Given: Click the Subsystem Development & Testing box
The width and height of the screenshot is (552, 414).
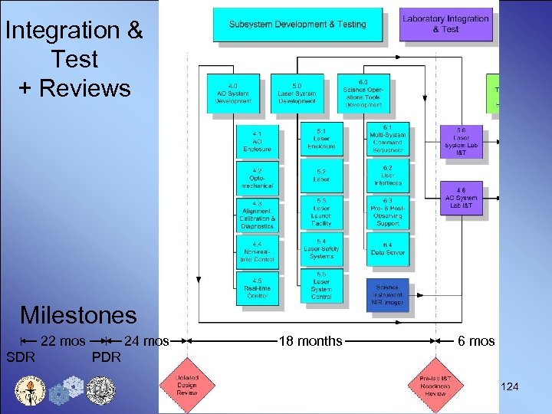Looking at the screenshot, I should (297, 25).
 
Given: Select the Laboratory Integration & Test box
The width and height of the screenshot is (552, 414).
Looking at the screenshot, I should (445, 24).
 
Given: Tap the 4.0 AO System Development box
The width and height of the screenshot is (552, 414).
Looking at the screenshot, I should (233, 92).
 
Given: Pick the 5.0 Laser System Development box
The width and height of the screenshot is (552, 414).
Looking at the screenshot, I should (297, 92).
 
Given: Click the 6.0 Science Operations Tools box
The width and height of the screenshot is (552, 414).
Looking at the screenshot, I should (363, 93).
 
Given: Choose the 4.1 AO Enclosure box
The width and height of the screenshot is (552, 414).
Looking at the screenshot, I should (257, 140).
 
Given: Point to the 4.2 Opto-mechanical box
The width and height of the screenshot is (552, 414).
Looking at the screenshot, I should (257, 178).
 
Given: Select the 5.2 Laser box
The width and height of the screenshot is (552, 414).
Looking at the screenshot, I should (321, 176).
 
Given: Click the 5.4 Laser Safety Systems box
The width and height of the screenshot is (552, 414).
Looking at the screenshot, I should (321, 248).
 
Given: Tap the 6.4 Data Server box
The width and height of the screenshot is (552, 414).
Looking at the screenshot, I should (387, 248).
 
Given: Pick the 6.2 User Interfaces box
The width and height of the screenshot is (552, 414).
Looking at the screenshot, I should (387, 176).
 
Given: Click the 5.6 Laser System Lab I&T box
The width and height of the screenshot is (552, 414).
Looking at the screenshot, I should (461, 142).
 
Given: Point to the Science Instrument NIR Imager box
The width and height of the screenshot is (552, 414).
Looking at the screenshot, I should (387, 294).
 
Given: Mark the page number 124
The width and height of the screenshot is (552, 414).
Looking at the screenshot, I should (509, 386).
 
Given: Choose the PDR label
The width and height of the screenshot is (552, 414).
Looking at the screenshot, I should (106, 358).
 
